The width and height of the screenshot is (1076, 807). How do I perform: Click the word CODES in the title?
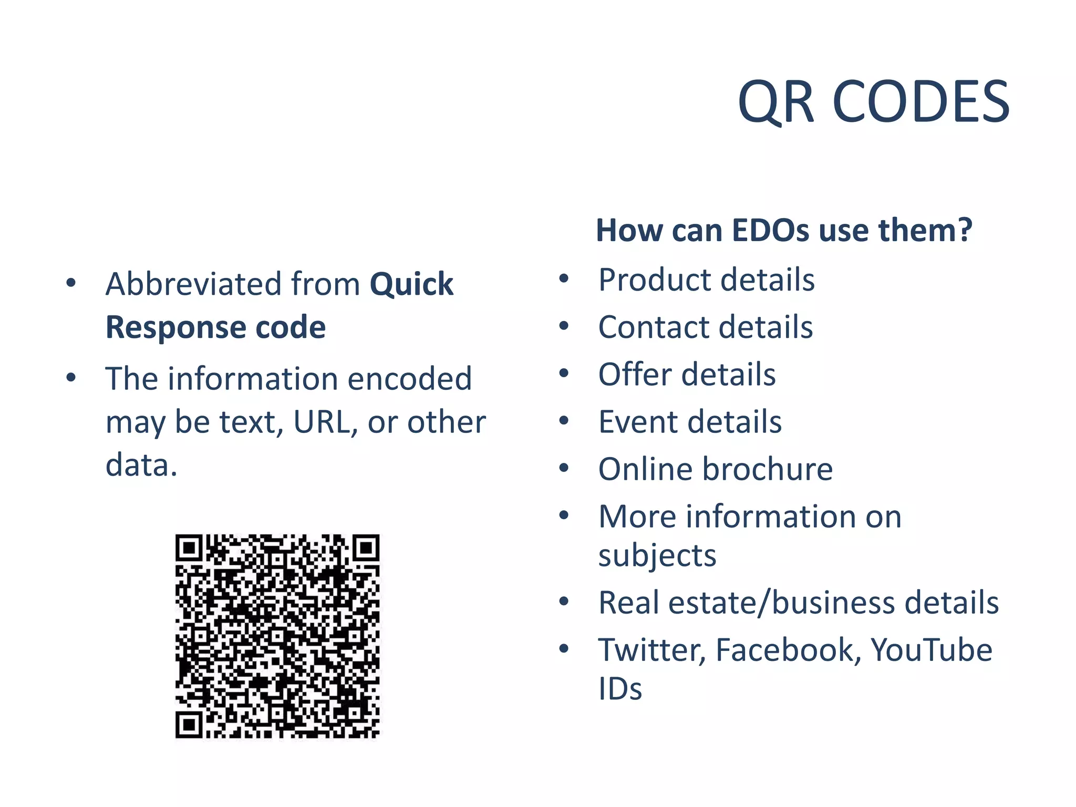(920, 102)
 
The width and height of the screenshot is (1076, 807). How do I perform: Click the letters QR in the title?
(776, 102)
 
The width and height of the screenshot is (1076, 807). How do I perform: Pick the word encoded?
(409, 379)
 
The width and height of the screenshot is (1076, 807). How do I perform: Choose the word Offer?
(635, 375)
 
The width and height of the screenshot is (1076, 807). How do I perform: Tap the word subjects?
(657, 556)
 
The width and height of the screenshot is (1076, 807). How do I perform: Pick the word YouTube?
(932, 650)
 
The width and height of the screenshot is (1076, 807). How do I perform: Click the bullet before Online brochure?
(564, 468)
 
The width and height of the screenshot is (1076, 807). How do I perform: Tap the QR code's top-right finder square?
(366, 549)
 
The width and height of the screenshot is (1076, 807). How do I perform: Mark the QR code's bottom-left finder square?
(189, 726)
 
